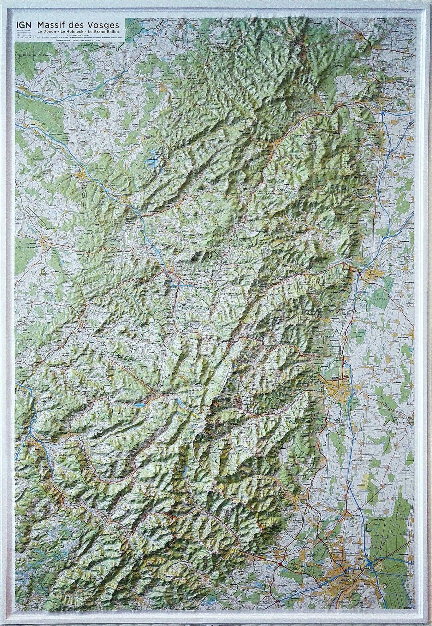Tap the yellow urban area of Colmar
[337, 387]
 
